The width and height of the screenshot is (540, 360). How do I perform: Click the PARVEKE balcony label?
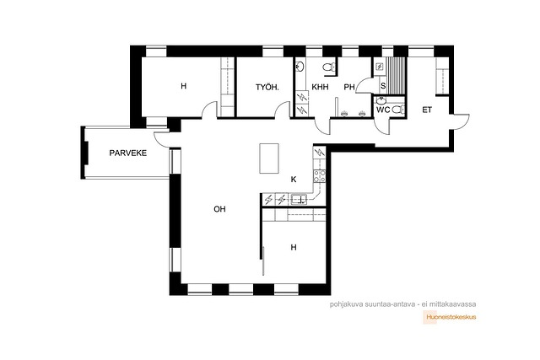(127, 153)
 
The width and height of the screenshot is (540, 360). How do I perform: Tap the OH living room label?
(219, 209)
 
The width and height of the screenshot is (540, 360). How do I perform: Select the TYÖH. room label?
(267, 88)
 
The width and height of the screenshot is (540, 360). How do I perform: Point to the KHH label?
(320, 87)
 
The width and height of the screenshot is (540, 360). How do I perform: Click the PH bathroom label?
(349, 87)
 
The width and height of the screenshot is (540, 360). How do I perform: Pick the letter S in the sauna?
(383, 86)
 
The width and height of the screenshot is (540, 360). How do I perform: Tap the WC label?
(382, 110)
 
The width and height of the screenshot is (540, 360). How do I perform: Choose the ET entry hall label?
(427, 110)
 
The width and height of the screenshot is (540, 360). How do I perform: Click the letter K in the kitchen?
(294, 180)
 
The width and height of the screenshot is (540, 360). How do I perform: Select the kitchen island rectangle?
(269, 159)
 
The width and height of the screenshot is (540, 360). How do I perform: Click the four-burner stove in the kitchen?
(319, 176)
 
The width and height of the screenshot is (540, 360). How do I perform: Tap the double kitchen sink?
(299, 199)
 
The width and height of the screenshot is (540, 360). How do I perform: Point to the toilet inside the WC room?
(398, 110)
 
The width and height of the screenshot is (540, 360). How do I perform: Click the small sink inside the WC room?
(381, 100)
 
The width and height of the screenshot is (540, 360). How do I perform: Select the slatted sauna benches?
(396, 75)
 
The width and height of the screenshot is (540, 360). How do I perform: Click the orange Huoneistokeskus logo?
(450, 317)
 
